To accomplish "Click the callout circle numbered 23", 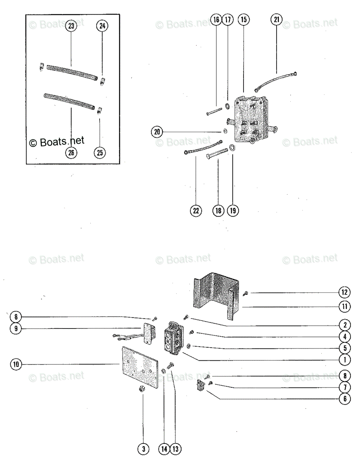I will [71, 26].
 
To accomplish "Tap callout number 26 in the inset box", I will [71, 153].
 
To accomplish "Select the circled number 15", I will [243, 20].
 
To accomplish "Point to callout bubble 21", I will [277, 20].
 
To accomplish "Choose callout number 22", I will [196, 211].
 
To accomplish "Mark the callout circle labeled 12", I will [344, 293].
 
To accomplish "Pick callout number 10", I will [16, 364].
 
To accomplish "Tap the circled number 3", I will [143, 449].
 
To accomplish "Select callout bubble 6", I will [344, 399].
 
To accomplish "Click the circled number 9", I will [16, 329].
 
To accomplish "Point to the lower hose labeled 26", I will [69, 102].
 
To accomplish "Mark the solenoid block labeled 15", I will [249, 119].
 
